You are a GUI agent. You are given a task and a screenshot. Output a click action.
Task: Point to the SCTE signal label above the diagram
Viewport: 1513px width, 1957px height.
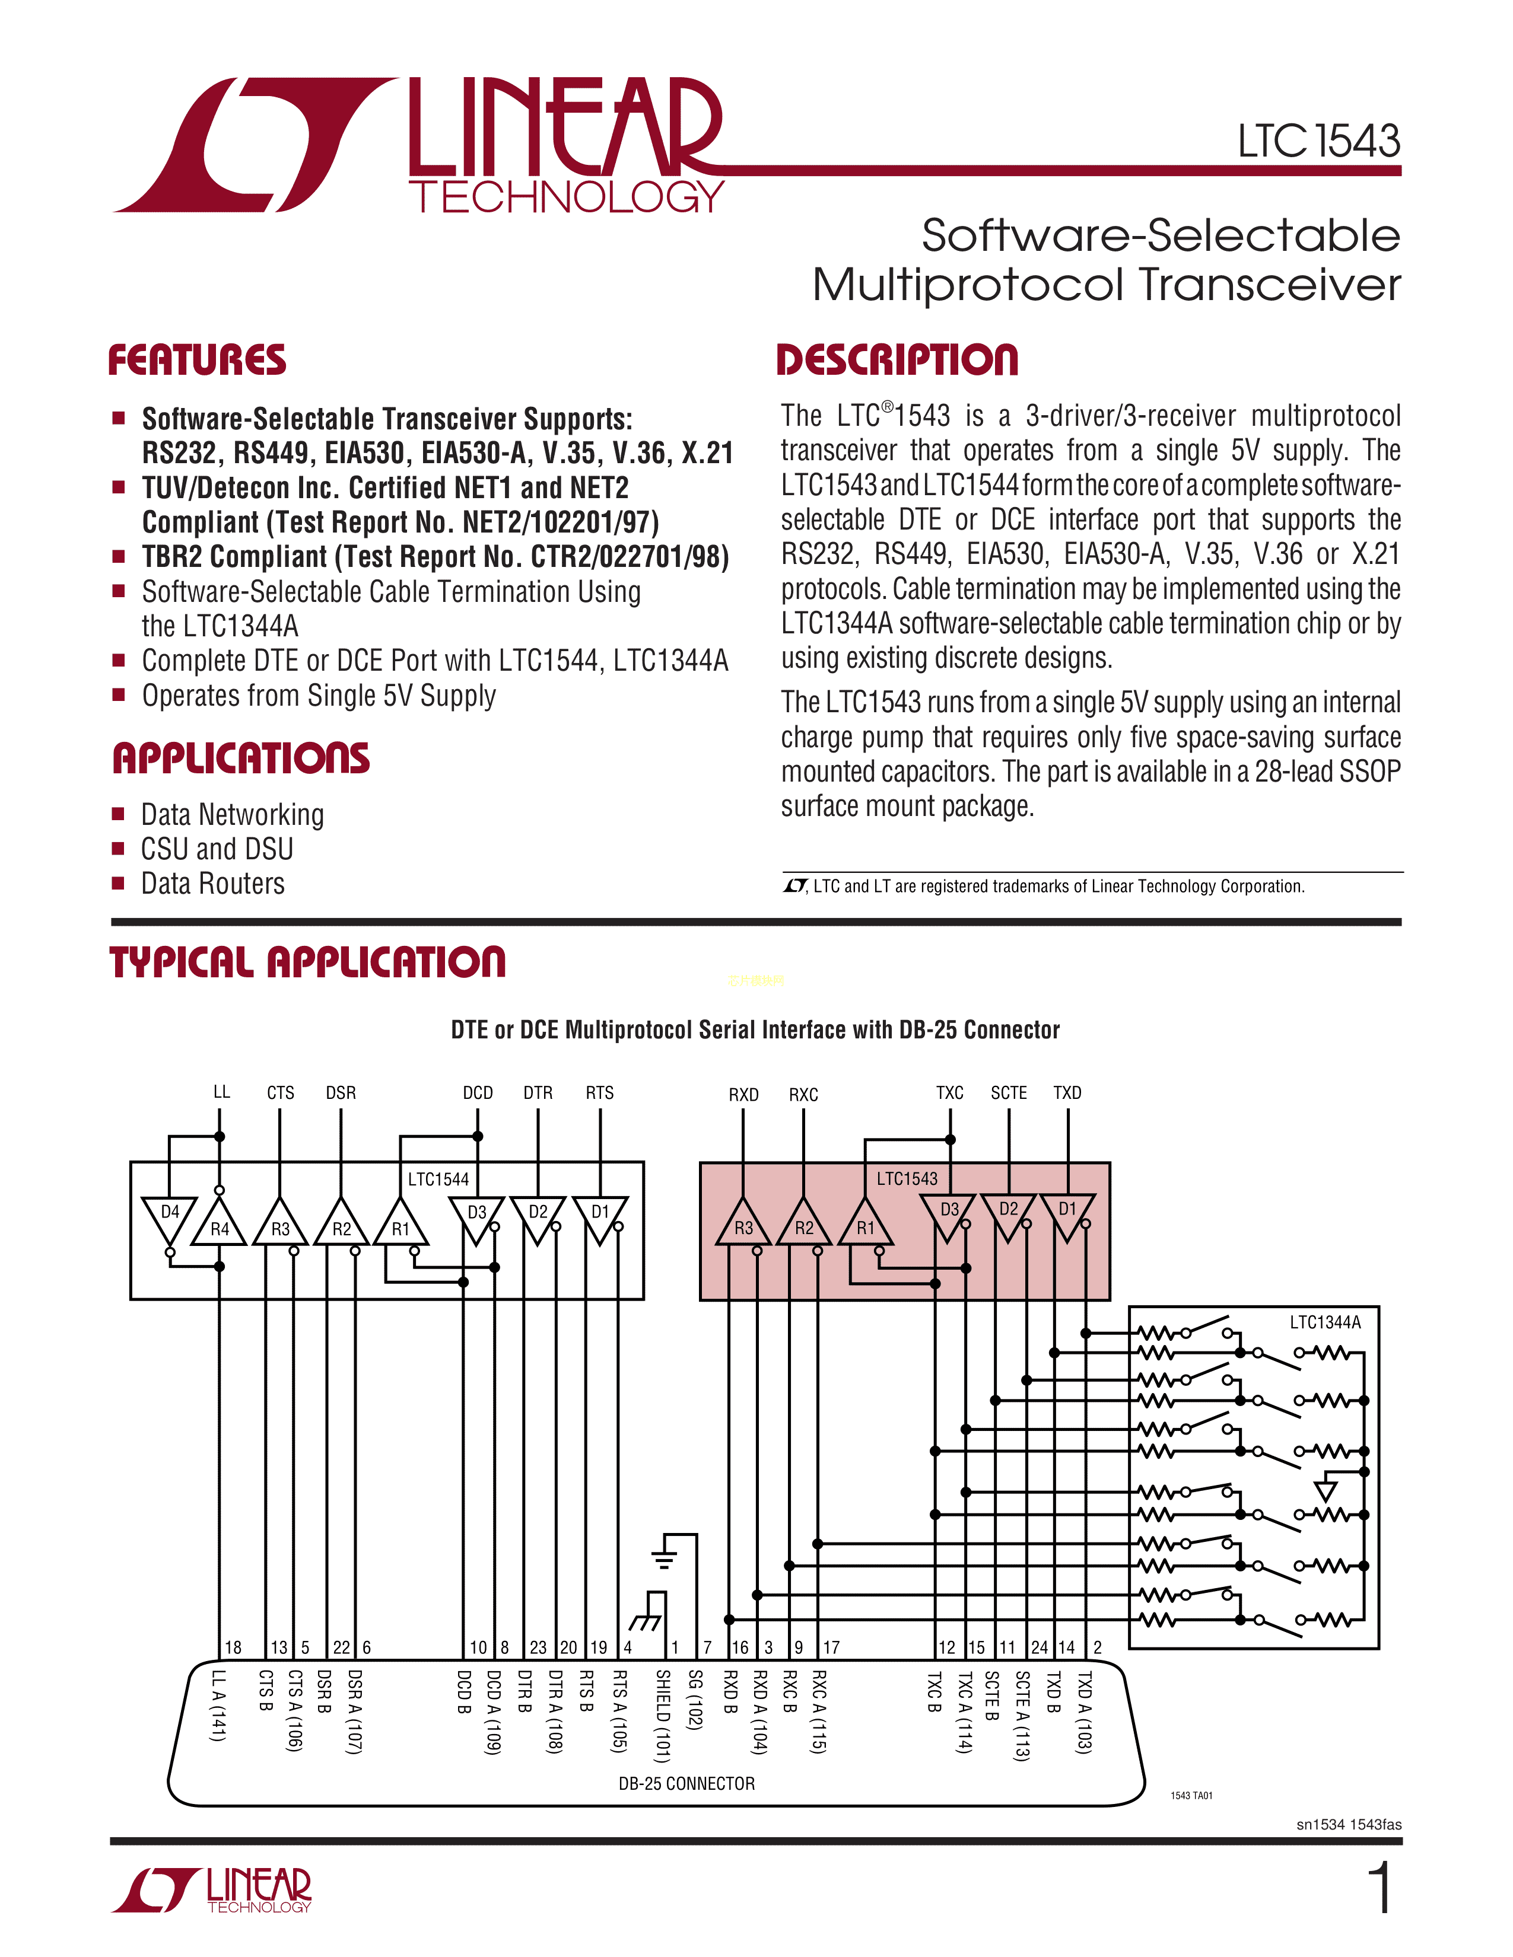click(x=1008, y=1093)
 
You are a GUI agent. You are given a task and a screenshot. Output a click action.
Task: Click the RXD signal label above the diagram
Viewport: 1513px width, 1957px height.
click(x=743, y=1095)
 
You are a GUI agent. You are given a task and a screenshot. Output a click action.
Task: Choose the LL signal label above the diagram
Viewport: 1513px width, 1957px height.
click(x=221, y=1091)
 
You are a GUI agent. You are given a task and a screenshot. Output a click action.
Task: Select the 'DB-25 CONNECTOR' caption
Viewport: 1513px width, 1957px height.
click(x=686, y=1783)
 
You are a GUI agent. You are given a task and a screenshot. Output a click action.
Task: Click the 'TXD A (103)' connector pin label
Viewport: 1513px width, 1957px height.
click(x=1083, y=1713)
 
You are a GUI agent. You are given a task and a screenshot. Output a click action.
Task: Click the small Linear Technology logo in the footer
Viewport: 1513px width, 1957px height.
click(x=212, y=1890)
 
